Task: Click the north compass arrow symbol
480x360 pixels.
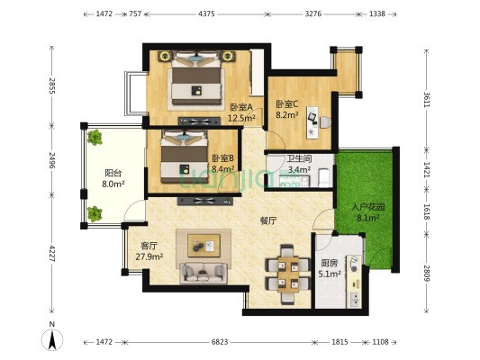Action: pyautogui.click(x=52, y=338)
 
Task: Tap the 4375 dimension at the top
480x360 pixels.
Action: pyautogui.click(x=206, y=13)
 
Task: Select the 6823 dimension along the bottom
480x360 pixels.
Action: pyautogui.click(x=220, y=342)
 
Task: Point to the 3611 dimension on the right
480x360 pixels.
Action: pyautogui.click(x=427, y=99)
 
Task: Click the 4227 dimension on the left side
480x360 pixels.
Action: pyautogui.click(x=52, y=254)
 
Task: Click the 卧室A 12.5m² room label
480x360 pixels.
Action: pyautogui.click(x=241, y=112)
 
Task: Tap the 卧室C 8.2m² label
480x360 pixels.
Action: pyautogui.click(x=287, y=109)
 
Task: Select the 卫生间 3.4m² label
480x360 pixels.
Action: pyautogui.click(x=299, y=164)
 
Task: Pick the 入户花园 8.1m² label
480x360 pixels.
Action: pyautogui.click(x=368, y=212)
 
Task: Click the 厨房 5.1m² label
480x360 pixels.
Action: pyautogui.click(x=330, y=268)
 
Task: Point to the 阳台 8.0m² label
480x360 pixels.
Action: pyautogui.click(x=113, y=178)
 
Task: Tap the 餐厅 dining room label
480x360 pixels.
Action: pyautogui.click(x=268, y=220)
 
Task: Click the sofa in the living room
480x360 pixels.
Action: pyautogui.click(x=204, y=272)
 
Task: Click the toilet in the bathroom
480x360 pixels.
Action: pyautogui.click(x=324, y=177)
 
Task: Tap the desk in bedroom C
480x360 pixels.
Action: pyautogui.click(x=312, y=122)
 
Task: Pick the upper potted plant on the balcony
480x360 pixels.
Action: pyautogui.click(x=95, y=138)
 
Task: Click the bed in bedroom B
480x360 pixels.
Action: pyautogui.click(x=185, y=157)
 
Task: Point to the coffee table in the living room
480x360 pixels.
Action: pyautogui.click(x=204, y=246)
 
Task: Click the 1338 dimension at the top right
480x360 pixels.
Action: pyautogui.click(x=377, y=13)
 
